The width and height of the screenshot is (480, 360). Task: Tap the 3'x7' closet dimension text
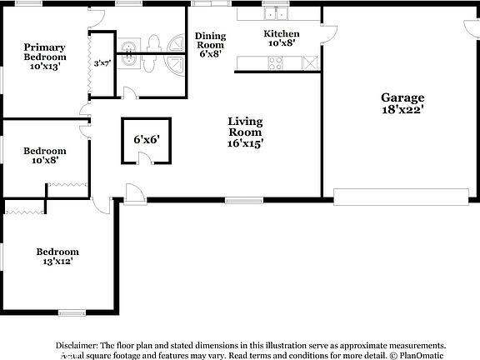point(102,62)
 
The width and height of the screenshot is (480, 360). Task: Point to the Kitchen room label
point(281,38)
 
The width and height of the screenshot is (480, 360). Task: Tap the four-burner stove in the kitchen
point(274,62)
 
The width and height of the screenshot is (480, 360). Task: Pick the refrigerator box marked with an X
point(310,62)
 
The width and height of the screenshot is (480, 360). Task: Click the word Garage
point(403,97)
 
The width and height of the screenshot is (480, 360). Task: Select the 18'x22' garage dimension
point(403,109)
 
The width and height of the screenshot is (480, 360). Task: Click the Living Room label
point(245,132)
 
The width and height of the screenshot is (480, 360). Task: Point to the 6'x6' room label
point(146,139)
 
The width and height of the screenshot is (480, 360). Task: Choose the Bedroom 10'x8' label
point(45,156)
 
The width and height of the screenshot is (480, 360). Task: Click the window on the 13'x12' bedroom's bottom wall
point(72,312)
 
